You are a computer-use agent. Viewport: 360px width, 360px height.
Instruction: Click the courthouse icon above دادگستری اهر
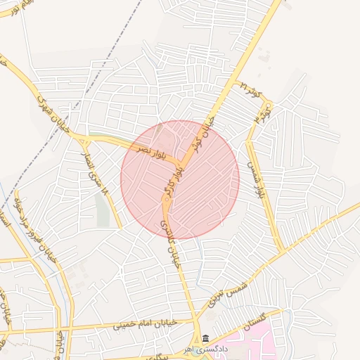205,338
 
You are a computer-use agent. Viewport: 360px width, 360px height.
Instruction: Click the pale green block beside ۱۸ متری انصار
103,210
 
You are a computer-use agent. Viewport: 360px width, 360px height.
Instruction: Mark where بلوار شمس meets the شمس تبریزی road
283,250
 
